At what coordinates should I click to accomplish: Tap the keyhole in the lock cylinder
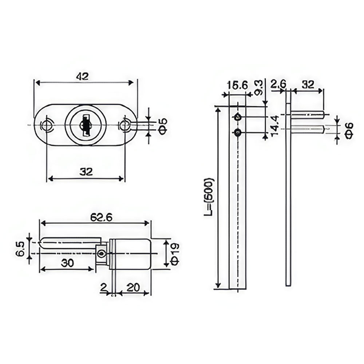pos(85,125)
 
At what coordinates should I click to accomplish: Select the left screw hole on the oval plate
pos(47,125)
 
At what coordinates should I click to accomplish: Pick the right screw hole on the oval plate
pos(124,125)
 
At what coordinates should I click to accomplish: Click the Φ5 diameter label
pos(163,126)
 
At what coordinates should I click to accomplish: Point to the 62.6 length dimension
pos(101,218)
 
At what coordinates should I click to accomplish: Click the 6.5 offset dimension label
pos(21,248)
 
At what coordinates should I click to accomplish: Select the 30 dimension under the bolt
pos(67,263)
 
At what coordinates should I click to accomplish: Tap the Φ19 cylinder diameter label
pos(175,254)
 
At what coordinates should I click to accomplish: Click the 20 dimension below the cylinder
pos(134,288)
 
